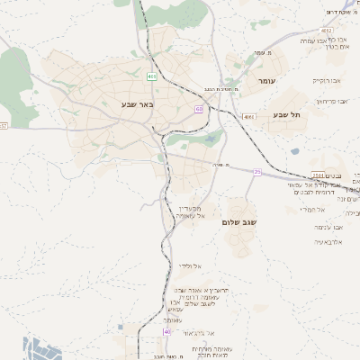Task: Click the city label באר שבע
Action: click(x=139, y=104)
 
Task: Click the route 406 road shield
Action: click(x=152, y=77)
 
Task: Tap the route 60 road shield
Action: click(x=197, y=109)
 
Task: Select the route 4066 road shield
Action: click(x=248, y=116)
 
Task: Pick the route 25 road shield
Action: click(x=256, y=171)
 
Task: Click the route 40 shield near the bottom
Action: click(x=166, y=332)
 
